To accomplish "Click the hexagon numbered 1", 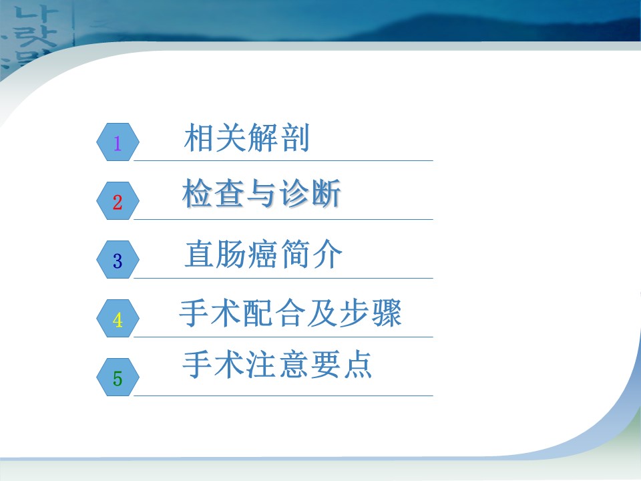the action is [x=118, y=142].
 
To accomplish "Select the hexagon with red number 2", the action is [x=118, y=201].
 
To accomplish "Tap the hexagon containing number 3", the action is [x=118, y=260].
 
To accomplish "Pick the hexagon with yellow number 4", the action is [x=118, y=319].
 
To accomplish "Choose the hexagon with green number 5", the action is [x=118, y=377].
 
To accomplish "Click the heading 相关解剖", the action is [x=246, y=138].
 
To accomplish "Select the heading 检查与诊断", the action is [x=261, y=193].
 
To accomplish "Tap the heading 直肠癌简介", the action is [x=263, y=254].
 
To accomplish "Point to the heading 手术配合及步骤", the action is [x=290, y=313].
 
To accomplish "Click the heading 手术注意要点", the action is [x=277, y=364].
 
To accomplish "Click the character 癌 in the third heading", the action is [x=263, y=254].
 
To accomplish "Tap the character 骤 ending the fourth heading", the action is [x=387, y=313].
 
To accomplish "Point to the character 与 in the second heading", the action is [x=262, y=193].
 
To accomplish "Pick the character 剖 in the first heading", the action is [x=294, y=138].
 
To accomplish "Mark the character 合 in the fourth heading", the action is [x=290, y=313].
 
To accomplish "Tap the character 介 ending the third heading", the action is [x=327, y=254].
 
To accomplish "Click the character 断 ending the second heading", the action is [x=325, y=193].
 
